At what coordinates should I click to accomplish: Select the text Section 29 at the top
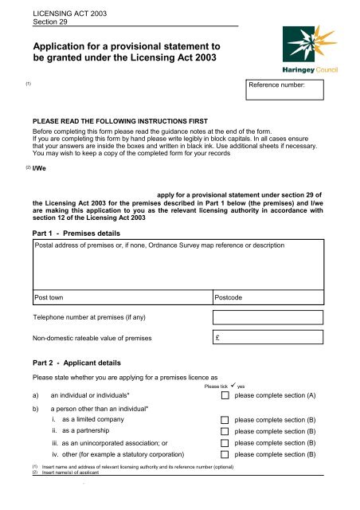coord(49,22)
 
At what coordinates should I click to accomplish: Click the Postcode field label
coord(234,297)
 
